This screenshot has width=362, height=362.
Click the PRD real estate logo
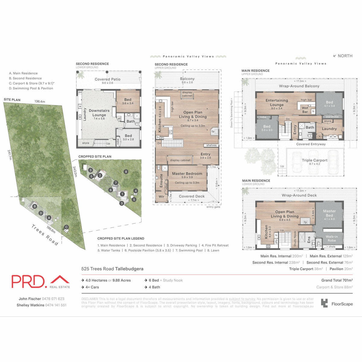(x=40, y=281)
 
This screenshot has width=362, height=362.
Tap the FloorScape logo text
(x=342, y=304)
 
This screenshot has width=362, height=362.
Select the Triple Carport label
(x=314, y=160)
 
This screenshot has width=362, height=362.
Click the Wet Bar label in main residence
(x=305, y=110)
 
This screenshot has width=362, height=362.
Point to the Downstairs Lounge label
(x=99, y=113)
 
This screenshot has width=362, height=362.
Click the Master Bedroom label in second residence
(x=187, y=174)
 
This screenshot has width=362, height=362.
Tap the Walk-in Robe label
(x=332, y=239)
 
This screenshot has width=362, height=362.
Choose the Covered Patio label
(x=107, y=79)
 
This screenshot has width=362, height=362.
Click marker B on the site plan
(x=35, y=206)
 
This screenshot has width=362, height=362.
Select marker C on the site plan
(x=66, y=227)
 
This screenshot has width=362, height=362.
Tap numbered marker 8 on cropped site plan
(x=126, y=172)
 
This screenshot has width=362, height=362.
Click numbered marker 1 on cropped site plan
(x=122, y=194)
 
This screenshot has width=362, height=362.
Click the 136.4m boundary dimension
(x=40, y=102)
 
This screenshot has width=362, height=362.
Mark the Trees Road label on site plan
(x=45, y=235)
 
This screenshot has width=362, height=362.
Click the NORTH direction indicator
(x=343, y=56)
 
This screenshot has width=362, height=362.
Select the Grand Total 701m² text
(x=337, y=280)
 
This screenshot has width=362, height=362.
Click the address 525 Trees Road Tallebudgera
(x=112, y=269)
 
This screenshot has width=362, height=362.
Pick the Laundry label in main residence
(x=329, y=129)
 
